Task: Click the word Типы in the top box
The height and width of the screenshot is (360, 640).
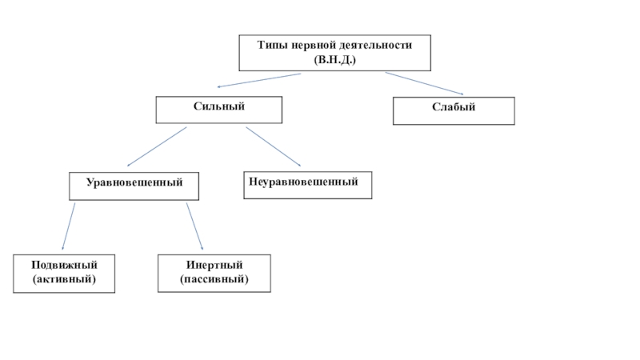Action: tap(270, 46)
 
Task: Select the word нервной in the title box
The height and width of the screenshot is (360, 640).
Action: tap(309, 46)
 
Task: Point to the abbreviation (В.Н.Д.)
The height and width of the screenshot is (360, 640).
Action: tap(335, 60)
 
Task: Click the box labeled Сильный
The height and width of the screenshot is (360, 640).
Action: tap(218, 110)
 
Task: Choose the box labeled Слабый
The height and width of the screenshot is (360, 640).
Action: tap(454, 110)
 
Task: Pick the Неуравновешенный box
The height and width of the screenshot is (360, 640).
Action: tap(308, 185)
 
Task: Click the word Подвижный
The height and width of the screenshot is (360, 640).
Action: tap(64, 266)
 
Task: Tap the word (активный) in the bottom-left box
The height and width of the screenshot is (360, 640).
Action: tap(64, 279)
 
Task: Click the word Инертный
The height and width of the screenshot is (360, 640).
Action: tap(214, 266)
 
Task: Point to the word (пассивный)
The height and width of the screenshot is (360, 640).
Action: tap(214, 279)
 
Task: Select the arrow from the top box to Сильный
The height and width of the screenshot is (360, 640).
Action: tap(258, 80)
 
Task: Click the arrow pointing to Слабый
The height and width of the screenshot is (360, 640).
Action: tap(424, 82)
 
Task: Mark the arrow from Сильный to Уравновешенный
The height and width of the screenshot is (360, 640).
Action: tap(157, 146)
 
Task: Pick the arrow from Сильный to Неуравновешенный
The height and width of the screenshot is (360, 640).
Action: tap(273, 146)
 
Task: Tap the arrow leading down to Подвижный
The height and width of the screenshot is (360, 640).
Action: tap(69, 226)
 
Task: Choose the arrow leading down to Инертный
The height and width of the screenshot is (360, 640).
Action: tap(194, 226)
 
